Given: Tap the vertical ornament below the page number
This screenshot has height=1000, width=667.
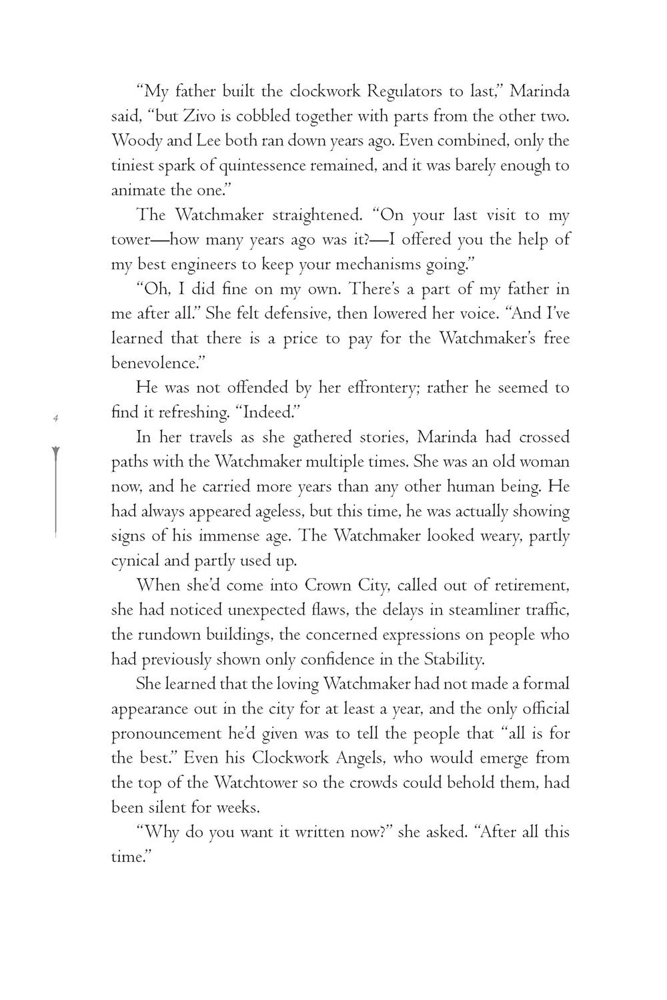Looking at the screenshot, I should click(57, 490).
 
